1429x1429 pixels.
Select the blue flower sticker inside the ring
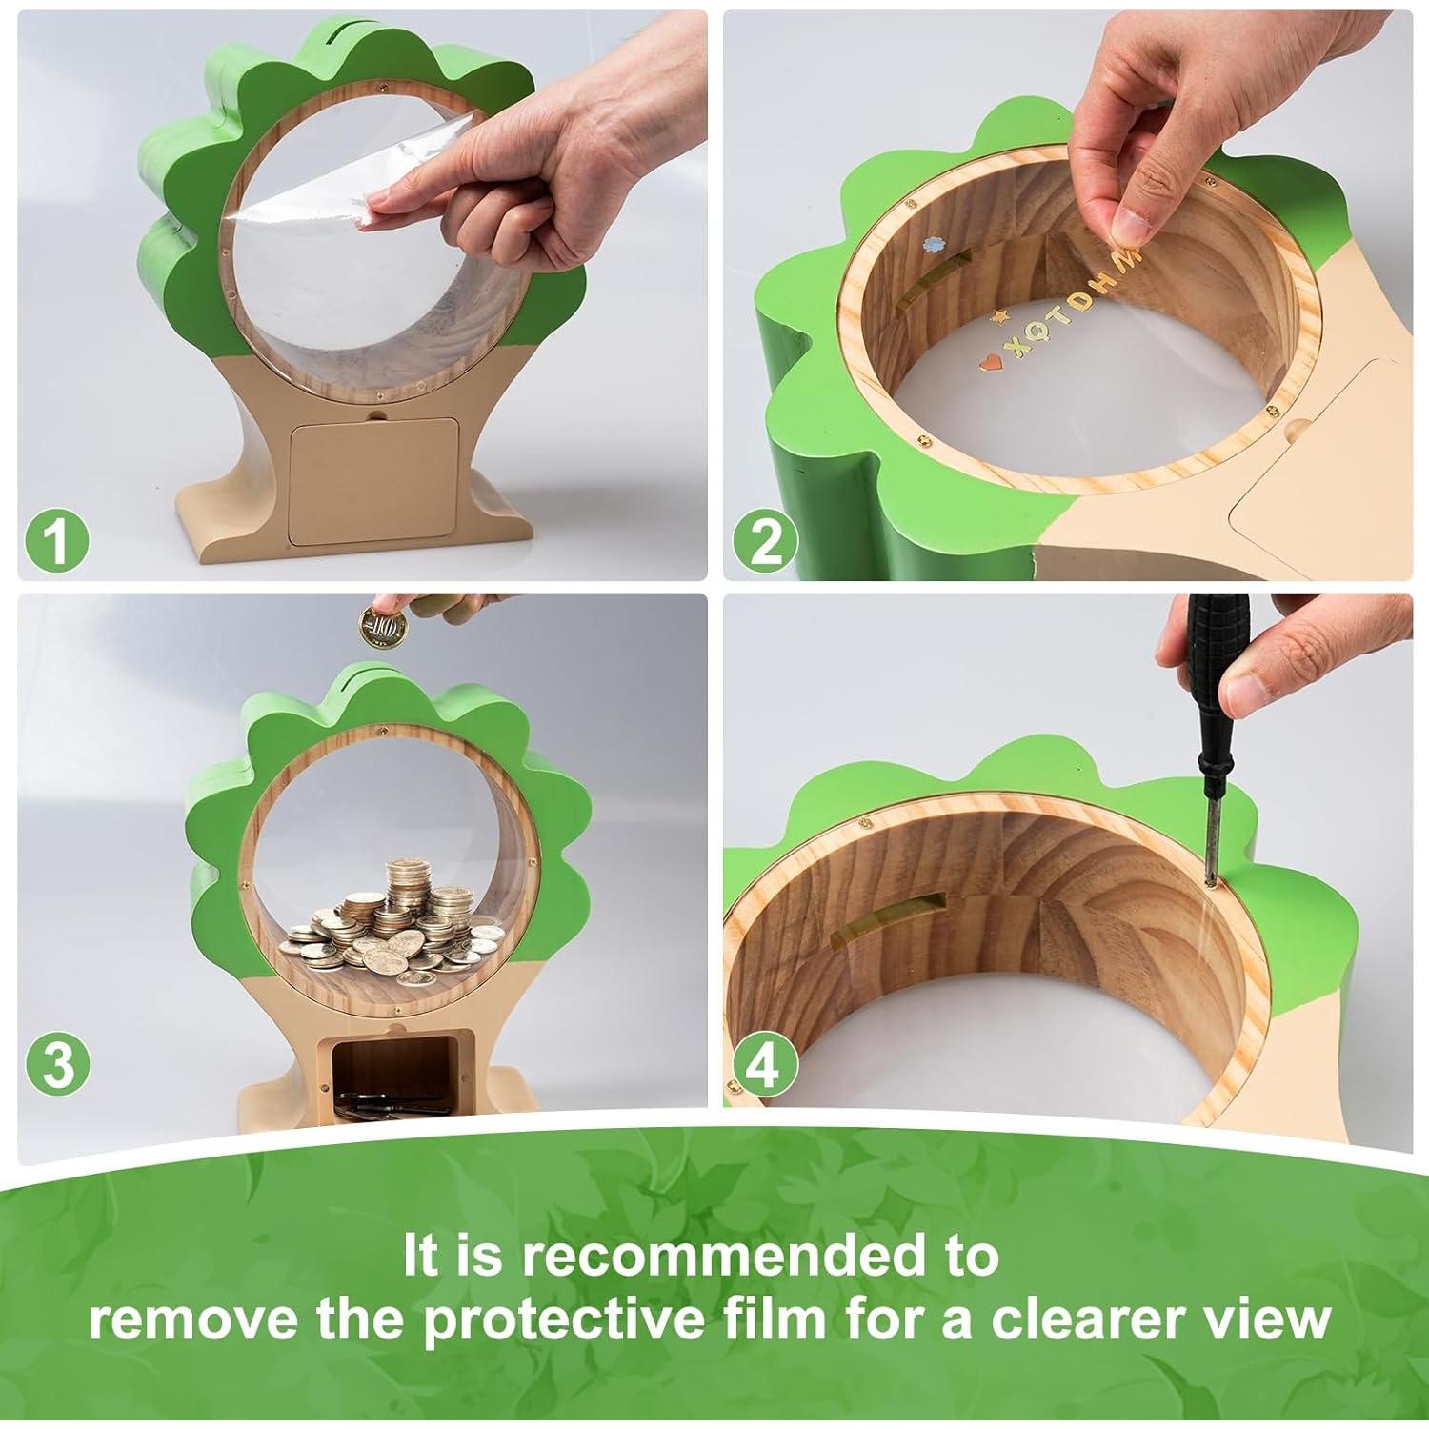pos(931,245)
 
